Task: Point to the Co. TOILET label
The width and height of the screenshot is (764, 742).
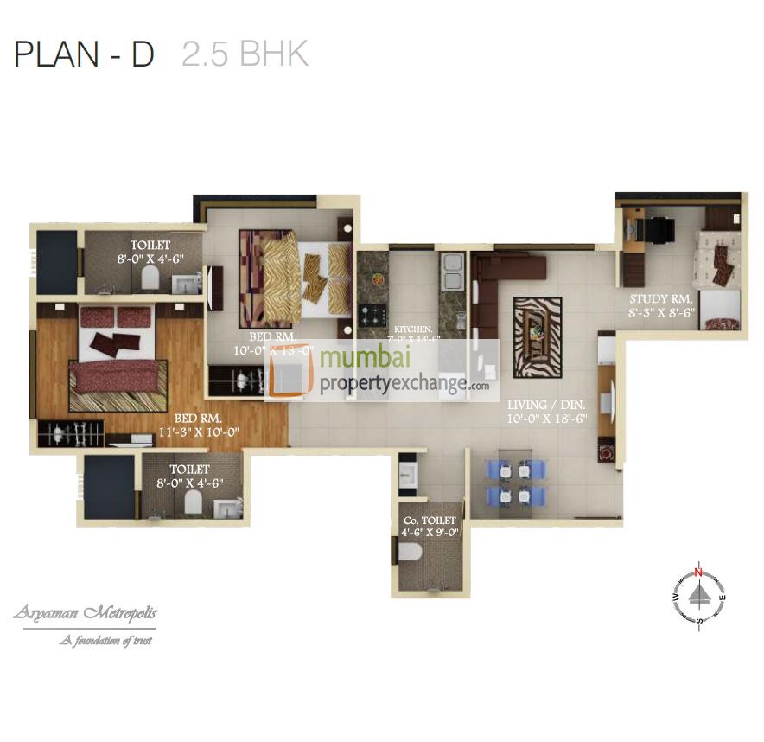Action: point(430,521)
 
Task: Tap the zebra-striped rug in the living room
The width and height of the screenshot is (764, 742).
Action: point(537,337)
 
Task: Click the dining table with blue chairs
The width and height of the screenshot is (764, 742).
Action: point(516,483)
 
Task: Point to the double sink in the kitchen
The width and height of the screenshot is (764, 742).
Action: point(451,272)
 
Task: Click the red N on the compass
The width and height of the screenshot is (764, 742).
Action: point(699,572)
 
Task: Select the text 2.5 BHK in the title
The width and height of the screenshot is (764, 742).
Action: point(245,54)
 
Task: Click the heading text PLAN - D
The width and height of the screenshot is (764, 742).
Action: point(84,54)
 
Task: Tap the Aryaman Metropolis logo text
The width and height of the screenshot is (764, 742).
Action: point(85,614)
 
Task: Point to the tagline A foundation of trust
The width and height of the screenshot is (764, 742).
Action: point(105,641)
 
